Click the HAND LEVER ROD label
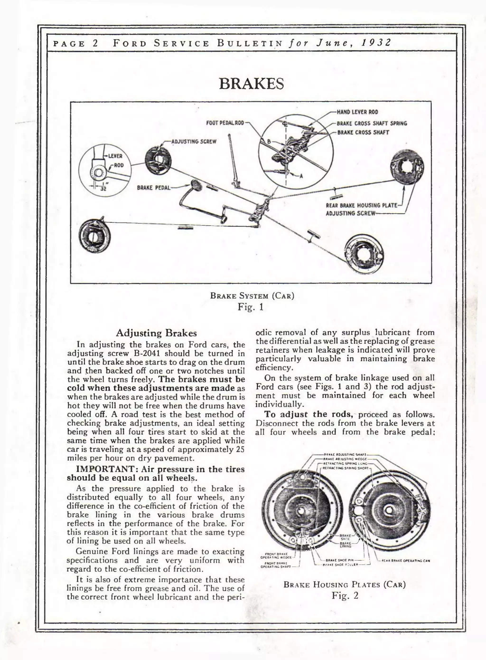(357, 112)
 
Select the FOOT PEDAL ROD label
(225, 123)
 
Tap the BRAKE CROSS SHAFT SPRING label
(372, 123)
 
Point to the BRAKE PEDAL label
(154, 188)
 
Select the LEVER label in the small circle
(115, 156)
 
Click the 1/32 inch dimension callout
(103, 188)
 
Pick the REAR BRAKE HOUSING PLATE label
(362, 205)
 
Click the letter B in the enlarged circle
(268, 141)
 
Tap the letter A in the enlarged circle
(301, 176)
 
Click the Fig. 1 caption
(251, 307)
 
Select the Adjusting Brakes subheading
(156, 333)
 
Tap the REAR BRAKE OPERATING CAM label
(406, 561)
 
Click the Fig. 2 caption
(345, 596)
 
